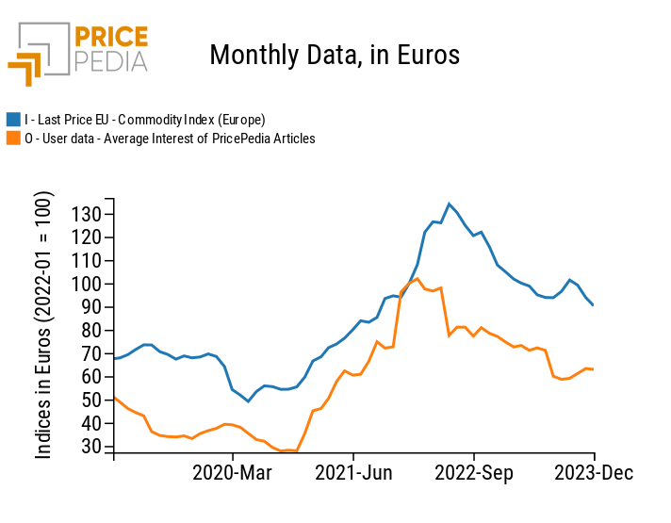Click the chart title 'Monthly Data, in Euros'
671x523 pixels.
point(335,55)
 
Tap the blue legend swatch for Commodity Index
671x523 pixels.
point(13,120)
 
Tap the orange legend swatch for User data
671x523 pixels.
point(13,139)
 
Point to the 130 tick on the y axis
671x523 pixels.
point(87,214)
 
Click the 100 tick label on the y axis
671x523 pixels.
point(87,284)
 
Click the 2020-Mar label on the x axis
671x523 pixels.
point(233,473)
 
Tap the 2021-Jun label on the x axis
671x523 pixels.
point(354,473)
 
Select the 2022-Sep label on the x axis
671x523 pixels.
point(474,473)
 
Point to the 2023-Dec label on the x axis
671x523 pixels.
point(593,473)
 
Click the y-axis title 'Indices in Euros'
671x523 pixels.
point(44,325)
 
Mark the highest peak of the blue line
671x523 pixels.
point(449,204)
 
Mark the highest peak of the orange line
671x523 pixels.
point(417,278)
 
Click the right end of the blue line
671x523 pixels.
point(593,305)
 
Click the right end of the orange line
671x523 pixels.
point(593,369)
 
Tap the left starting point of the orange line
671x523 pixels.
point(114,398)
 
